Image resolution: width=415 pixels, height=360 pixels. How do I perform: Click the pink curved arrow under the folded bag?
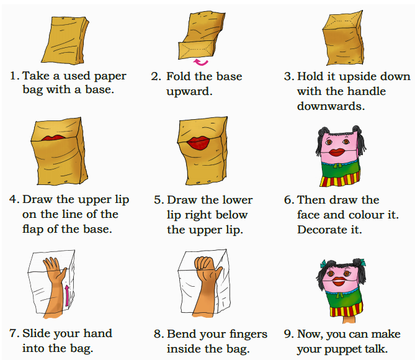(200, 63)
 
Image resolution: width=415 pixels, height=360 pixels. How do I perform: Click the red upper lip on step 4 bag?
(54, 138)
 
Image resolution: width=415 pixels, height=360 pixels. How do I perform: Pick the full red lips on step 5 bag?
(198, 143)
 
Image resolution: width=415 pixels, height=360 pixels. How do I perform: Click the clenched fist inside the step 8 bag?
(203, 263)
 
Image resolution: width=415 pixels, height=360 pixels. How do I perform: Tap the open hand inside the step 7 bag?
(54, 268)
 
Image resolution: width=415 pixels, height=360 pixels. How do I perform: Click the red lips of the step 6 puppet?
(336, 152)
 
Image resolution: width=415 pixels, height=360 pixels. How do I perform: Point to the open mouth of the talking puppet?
(339, 281)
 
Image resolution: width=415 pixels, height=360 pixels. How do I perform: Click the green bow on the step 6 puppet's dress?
(337, 166)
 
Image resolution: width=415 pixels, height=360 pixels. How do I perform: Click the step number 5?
(159, 200)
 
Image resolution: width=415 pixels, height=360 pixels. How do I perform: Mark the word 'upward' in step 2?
(189, 92)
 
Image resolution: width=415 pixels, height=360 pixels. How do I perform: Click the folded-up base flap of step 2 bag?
(196, 50)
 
